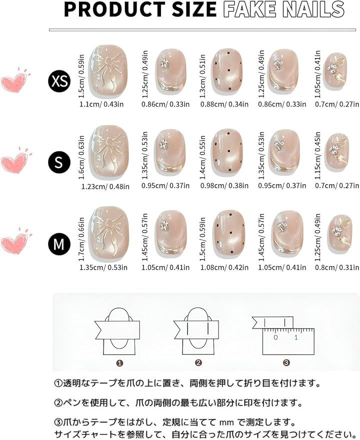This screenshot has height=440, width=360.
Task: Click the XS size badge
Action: pyautogui.click(x=59, y=81)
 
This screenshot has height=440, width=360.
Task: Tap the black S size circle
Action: pyautogui.click(x=59, y=162)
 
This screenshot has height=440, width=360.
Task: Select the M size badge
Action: pyautogui.click(x=59, y=243)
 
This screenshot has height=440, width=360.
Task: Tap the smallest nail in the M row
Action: pyautogui.click(x=337, y=234)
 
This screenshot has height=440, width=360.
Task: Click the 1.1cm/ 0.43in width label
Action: pyautogui.click(x=101, y=104)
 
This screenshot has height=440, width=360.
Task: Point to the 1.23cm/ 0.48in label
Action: pyautogui.click(x=105, y=186)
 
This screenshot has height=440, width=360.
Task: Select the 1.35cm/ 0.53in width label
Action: pyautogui.click(x=103, y=267)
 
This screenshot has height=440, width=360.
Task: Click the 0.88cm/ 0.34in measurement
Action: pyautogui.click(x=224, y=104)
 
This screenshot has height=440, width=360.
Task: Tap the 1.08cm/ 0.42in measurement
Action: pyautogui.click(x=224, y=267)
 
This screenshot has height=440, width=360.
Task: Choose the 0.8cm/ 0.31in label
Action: pyautogui.click(x=336, y=267)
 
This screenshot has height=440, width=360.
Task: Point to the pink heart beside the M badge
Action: pyautogui.click(x=15, y=241)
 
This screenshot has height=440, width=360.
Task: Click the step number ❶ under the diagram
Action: pyautogui.click(x=119, y=363)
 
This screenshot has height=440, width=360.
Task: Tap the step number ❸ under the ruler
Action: pyautogui.click(x=286, y=363)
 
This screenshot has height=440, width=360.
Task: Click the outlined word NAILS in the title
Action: pyautogui.click(x=313, y=9)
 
